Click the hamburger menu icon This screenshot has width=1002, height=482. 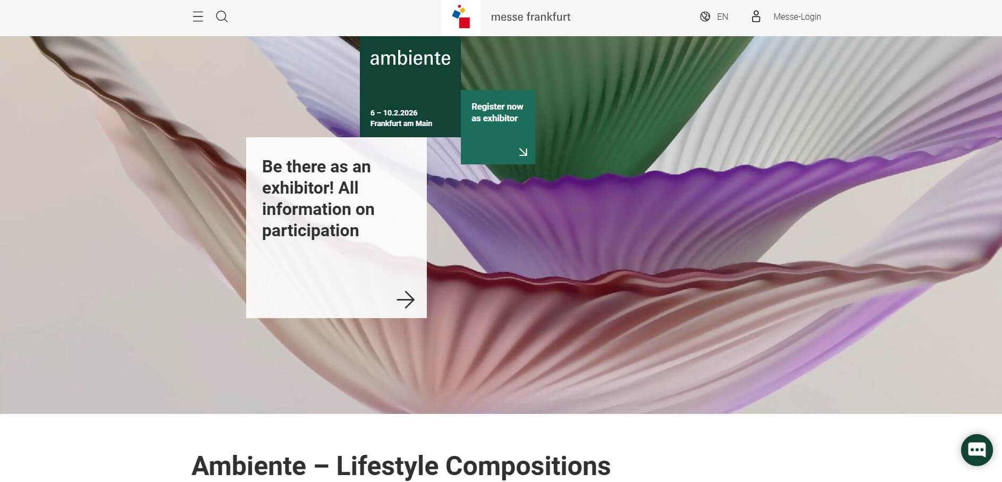click(x=198, y=16)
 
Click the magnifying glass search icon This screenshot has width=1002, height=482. click(x=222, y=16)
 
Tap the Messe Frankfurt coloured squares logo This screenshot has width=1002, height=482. click(x=461, y=16)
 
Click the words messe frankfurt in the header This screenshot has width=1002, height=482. click(x=531, y=17)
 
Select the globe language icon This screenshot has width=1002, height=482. click(x=705, y=16)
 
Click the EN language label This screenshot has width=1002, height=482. click(x=722, y=16)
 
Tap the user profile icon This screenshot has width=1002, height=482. click(x=756, y=16)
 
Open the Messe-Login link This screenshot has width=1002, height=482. click(x=797, y=16)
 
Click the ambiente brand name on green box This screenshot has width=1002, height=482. click(x=410, y=58)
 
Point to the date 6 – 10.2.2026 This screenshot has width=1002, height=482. click(x=394, y=113)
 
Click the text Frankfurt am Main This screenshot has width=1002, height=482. click(x=401, y=123)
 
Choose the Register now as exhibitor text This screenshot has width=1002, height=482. click(x=497, y=112)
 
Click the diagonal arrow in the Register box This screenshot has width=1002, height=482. click(x=523, y=152)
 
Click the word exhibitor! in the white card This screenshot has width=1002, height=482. click(x=310, y=188)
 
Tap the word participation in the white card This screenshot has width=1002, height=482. click(x=310, y=231)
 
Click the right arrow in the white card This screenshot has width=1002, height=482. click(x=406, y=300)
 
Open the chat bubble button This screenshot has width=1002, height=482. click(x=977, y=450)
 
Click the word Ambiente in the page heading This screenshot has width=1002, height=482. click(x=249, y=466)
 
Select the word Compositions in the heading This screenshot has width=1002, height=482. click(x=528, y=467)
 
